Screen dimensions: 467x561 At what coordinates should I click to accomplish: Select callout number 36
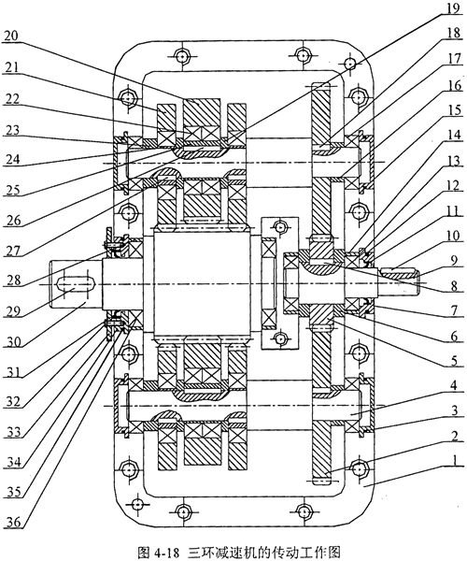[14, 523]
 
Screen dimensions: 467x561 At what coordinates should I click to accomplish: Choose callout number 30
[13, 342]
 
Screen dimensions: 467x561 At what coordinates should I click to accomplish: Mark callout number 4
[453, 385]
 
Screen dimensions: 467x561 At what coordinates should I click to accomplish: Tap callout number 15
[453, 110]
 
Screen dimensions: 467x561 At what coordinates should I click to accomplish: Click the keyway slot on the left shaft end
[76, 283]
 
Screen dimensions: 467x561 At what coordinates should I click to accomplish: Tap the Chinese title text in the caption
[263, 552]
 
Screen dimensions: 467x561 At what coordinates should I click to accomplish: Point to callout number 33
[14, 433]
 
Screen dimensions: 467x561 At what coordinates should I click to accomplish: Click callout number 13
[453, 162]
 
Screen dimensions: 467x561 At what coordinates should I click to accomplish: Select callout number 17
[453, 59]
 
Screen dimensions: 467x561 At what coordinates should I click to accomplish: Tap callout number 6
[453, 337]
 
